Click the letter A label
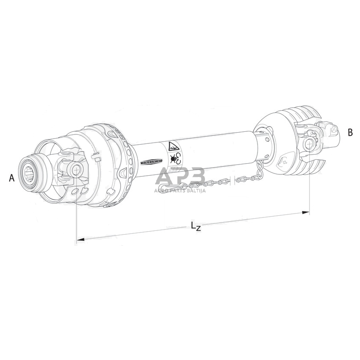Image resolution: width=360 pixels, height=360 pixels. pyautogui.click(x=11, y=178)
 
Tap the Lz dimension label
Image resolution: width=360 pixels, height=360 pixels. pyautogui.click(x=195, y=226)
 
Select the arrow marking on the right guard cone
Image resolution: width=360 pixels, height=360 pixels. pyautogui.click(x=284, y=161)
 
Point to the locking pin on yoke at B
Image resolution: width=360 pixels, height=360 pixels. pyautogui.click(x=333, y=129)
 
